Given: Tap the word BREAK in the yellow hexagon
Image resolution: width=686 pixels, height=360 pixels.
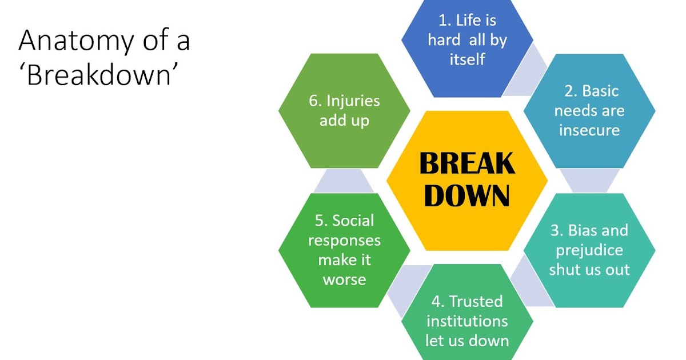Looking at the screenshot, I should (467, 165).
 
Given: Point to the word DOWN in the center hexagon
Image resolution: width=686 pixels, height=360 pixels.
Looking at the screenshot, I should (467, 196).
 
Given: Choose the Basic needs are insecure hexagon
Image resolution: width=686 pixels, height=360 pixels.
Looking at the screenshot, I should (589, 111).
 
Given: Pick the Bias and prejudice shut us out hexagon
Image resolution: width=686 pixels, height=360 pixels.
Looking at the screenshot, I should (589, 250).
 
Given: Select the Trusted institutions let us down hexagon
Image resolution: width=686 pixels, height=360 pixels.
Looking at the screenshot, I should (467, 321).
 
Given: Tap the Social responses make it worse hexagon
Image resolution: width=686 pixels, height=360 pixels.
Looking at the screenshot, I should (344, 250).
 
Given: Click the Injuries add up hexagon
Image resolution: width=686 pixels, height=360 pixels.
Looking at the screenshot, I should (344, 111).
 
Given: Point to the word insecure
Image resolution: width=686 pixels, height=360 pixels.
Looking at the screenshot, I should (589, 130).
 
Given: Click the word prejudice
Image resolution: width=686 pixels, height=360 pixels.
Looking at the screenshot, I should (589, 250).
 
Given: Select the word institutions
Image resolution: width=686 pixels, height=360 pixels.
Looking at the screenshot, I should (467, 321).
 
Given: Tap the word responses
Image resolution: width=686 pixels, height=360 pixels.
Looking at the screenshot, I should (344, 240).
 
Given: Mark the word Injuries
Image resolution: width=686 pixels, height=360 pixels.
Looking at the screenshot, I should (352, 101).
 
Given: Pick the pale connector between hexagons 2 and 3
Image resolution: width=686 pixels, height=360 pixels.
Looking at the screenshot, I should (589, 181).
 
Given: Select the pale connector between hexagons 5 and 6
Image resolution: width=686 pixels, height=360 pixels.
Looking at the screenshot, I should (344, 181).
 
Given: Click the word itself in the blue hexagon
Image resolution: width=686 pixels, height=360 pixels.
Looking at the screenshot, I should (467, 59).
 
